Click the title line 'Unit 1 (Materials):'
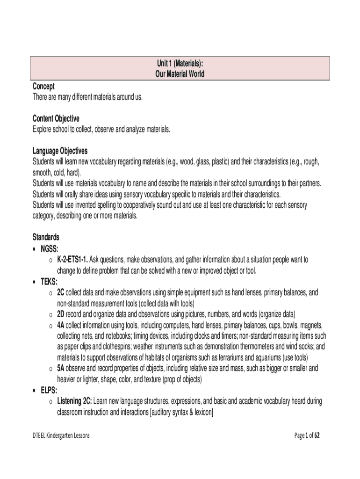(180, 64)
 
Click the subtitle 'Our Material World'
(180, 74)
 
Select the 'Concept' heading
(43, 86)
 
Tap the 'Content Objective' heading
(56, 119)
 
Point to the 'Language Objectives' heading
(60, 151)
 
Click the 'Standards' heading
(46, 237)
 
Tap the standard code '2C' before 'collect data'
(61, 292)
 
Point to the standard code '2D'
(61, 314)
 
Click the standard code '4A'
(61, 325)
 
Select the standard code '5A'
(61, 369)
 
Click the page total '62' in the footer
(317, 435)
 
